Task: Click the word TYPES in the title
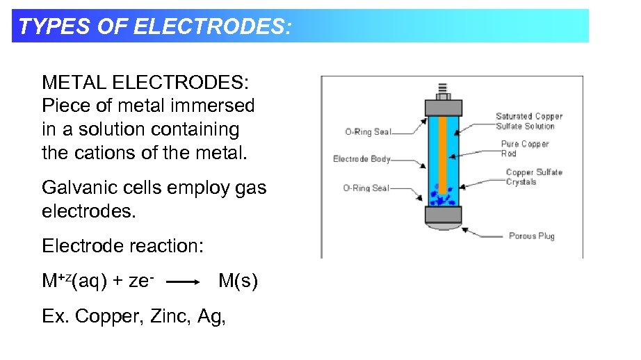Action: tap(47, 26)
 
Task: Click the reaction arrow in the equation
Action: tap(184, 283)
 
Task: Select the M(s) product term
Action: tap(238, 281)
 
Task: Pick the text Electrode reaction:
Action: tap(122, 246)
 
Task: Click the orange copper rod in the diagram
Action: tap(442, 153)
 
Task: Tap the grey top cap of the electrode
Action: tap(443, 106)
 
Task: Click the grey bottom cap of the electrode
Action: tap(443, 215)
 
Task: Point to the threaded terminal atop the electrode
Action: tap(443, 90)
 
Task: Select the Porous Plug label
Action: tap(531, 236)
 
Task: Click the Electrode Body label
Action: tap(362, 159)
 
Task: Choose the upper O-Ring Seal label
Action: tap(368, 131)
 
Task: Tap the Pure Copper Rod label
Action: tap(524, 149)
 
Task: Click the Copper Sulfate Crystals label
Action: tap(534, 177)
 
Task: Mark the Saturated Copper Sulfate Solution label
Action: tap(528, 121)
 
